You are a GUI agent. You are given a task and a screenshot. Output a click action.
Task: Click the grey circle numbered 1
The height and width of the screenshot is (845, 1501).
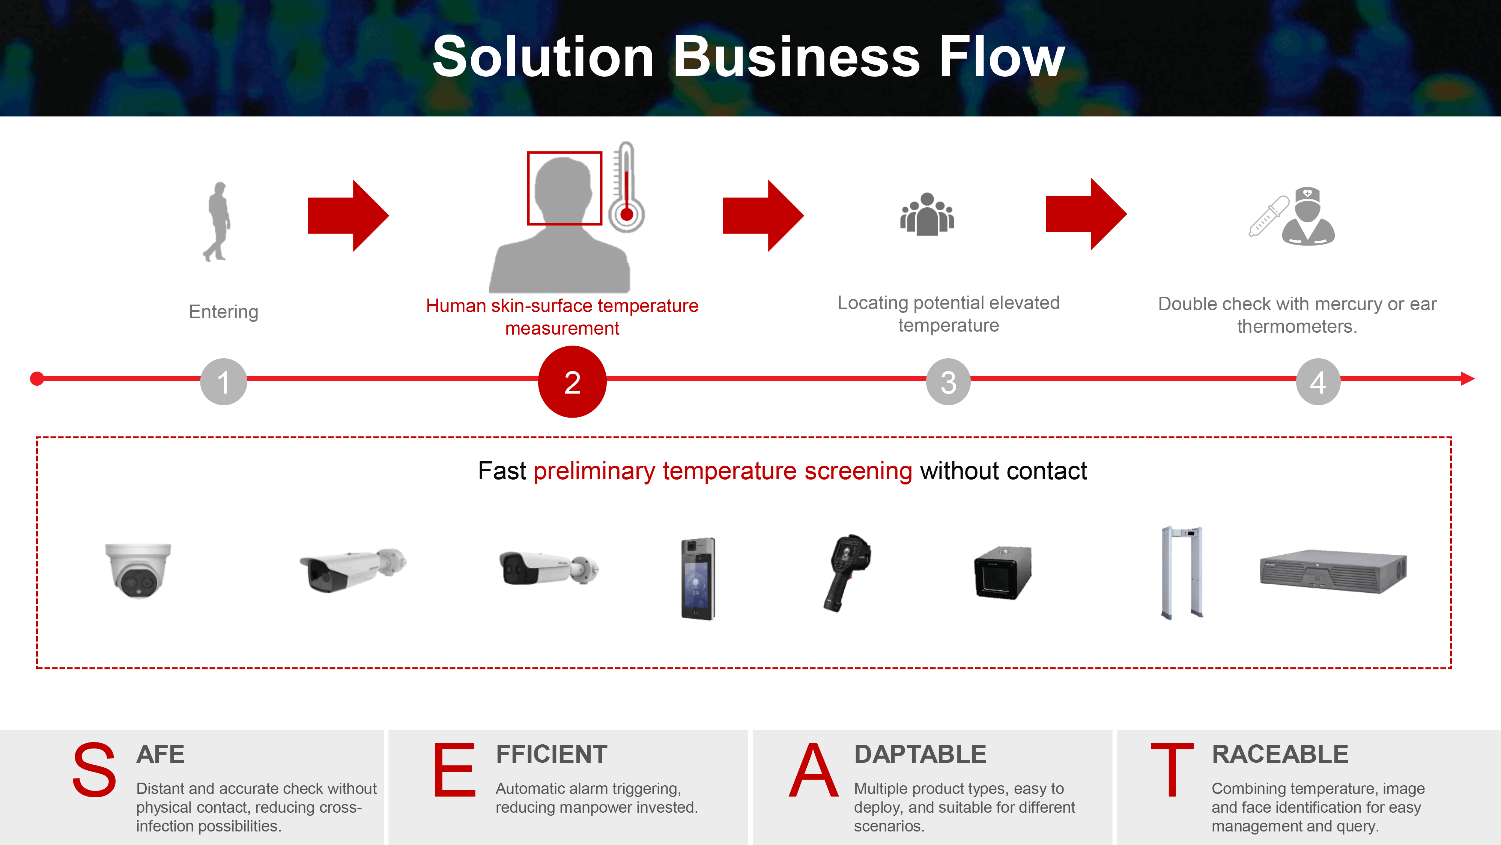pyautogui.click(x=224, y=382)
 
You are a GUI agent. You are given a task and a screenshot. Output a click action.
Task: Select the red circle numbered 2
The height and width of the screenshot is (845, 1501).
pyautogui.click(x=572, y=382)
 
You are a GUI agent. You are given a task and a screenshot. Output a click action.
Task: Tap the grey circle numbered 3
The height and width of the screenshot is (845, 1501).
pyautogui.click(x=949, y=382)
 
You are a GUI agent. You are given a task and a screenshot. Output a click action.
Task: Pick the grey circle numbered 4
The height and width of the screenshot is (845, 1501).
pyautogui.click(x=1318, y=382)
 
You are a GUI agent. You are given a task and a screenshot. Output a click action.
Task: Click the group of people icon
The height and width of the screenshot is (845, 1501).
pyautogui.click(x=927, y=214)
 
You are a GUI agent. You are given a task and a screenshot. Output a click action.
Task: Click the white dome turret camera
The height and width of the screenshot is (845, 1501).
pyautogui.click(x=138, y=570)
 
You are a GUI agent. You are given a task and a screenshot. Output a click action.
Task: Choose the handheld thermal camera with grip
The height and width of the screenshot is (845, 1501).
pyautogui.click(x=847, y=573)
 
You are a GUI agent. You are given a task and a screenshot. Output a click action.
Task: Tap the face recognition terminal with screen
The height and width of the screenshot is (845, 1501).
pyautogui.click(x=698, y=578)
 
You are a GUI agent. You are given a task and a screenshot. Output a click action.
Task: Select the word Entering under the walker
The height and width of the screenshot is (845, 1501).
pyautogui.click(x=224, y=312)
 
